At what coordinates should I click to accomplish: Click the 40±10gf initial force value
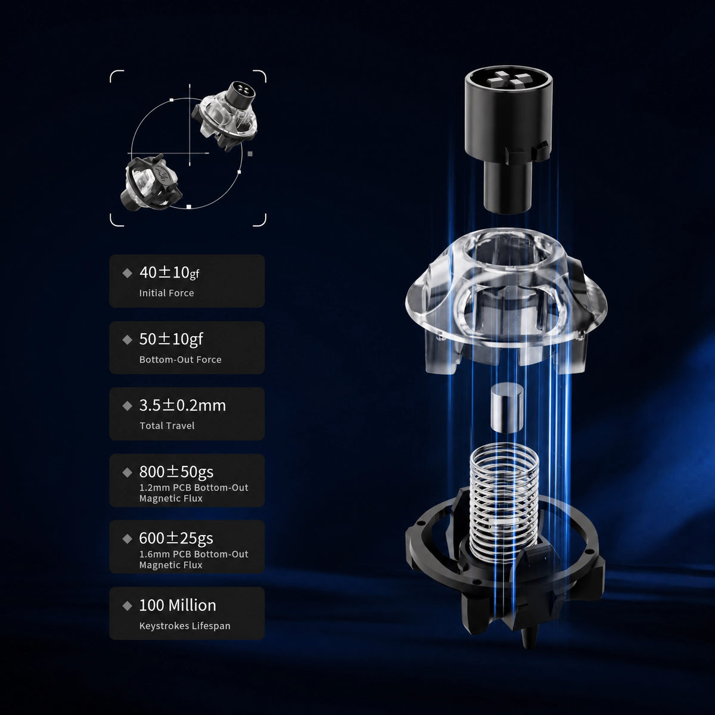[169, 272]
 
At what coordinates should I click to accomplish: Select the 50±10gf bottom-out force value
[171, 339]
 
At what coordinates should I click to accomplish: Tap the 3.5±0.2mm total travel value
[182, 405]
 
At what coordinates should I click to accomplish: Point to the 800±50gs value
[176, 471]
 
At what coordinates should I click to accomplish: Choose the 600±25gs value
[176, 538]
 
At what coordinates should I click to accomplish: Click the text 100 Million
[178, 605]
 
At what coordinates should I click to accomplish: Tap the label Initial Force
[167, 293]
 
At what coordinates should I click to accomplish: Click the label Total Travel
[167, 425]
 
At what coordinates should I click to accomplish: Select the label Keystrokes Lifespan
[185, 626]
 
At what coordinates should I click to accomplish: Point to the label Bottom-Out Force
[181, 359]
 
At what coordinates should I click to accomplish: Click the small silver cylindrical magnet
[506, 409]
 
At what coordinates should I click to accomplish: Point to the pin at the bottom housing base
[528, 636]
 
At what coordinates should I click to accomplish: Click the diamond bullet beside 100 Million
[128, 606]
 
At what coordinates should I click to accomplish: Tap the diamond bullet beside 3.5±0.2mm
[128, 406]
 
